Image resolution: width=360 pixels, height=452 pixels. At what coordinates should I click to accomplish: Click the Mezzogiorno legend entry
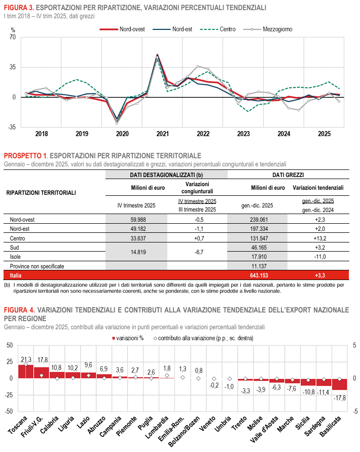(277, 29)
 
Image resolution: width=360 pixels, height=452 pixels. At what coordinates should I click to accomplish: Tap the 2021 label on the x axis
(163, 134)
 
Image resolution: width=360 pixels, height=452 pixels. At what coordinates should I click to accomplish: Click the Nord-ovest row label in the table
(24, 220)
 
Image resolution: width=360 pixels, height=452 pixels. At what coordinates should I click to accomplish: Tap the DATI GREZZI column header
(288, 175)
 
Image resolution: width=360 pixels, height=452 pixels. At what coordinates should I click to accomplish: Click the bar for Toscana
(25, 371)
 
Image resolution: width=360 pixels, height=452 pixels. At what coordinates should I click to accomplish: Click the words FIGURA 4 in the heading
(19, 309)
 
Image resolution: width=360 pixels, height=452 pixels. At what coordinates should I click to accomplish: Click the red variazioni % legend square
(113, 337)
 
